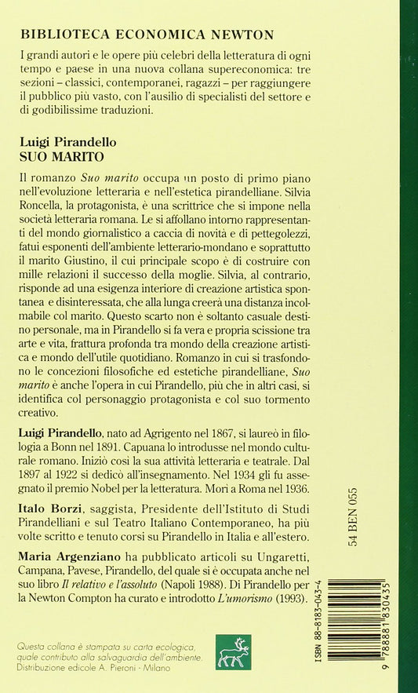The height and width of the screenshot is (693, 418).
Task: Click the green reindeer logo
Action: click(233, 651)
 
